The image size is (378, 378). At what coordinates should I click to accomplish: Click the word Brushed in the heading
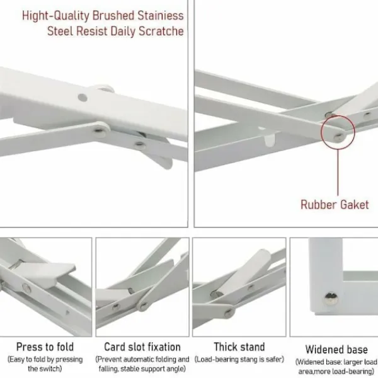[x=113, y=16]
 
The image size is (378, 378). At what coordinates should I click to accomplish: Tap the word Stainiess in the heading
[x=161, y=16]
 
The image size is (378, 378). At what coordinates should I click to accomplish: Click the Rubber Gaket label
[x=335, y=205]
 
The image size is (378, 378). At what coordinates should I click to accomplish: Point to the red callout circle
[x=321, y=132]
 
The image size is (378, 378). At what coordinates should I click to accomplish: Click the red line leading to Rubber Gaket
[x=338, y=172]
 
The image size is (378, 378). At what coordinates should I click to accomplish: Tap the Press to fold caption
[x=45, y=347]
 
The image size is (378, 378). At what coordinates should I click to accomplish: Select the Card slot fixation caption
[x=142, y=347]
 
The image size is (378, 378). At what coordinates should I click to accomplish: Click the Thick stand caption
[x=239, y=347]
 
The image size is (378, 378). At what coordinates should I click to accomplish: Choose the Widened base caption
[x=336, y=350]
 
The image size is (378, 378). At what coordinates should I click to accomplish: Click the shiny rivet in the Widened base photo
[x=331, y=299]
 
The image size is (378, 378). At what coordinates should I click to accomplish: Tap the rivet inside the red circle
[x=339, y=137]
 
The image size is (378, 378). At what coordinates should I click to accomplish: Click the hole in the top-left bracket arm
[x=83, y=98]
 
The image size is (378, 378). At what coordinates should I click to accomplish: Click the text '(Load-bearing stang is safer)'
[x=239, y=360]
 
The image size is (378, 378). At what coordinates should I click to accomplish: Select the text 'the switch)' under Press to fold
[x=45, y=369]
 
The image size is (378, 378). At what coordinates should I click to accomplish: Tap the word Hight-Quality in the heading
[x=55, y=16]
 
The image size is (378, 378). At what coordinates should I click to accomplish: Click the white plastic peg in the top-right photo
[x=270, y=140]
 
